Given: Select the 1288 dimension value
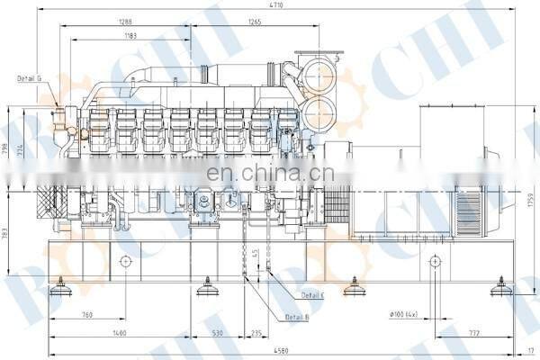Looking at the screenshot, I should (126, 21).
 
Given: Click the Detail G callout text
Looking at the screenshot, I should (30, 78).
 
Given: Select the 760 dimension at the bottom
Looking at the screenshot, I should (87, 315).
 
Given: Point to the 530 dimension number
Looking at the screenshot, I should (217, 332).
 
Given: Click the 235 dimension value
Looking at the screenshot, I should (256, 332).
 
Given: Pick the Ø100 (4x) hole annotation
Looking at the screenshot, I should (403, 315).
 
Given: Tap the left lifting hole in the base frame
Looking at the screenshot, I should (125, 261).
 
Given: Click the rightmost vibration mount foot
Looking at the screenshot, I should (502, 289).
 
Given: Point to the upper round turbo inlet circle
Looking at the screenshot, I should (319, 77).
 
